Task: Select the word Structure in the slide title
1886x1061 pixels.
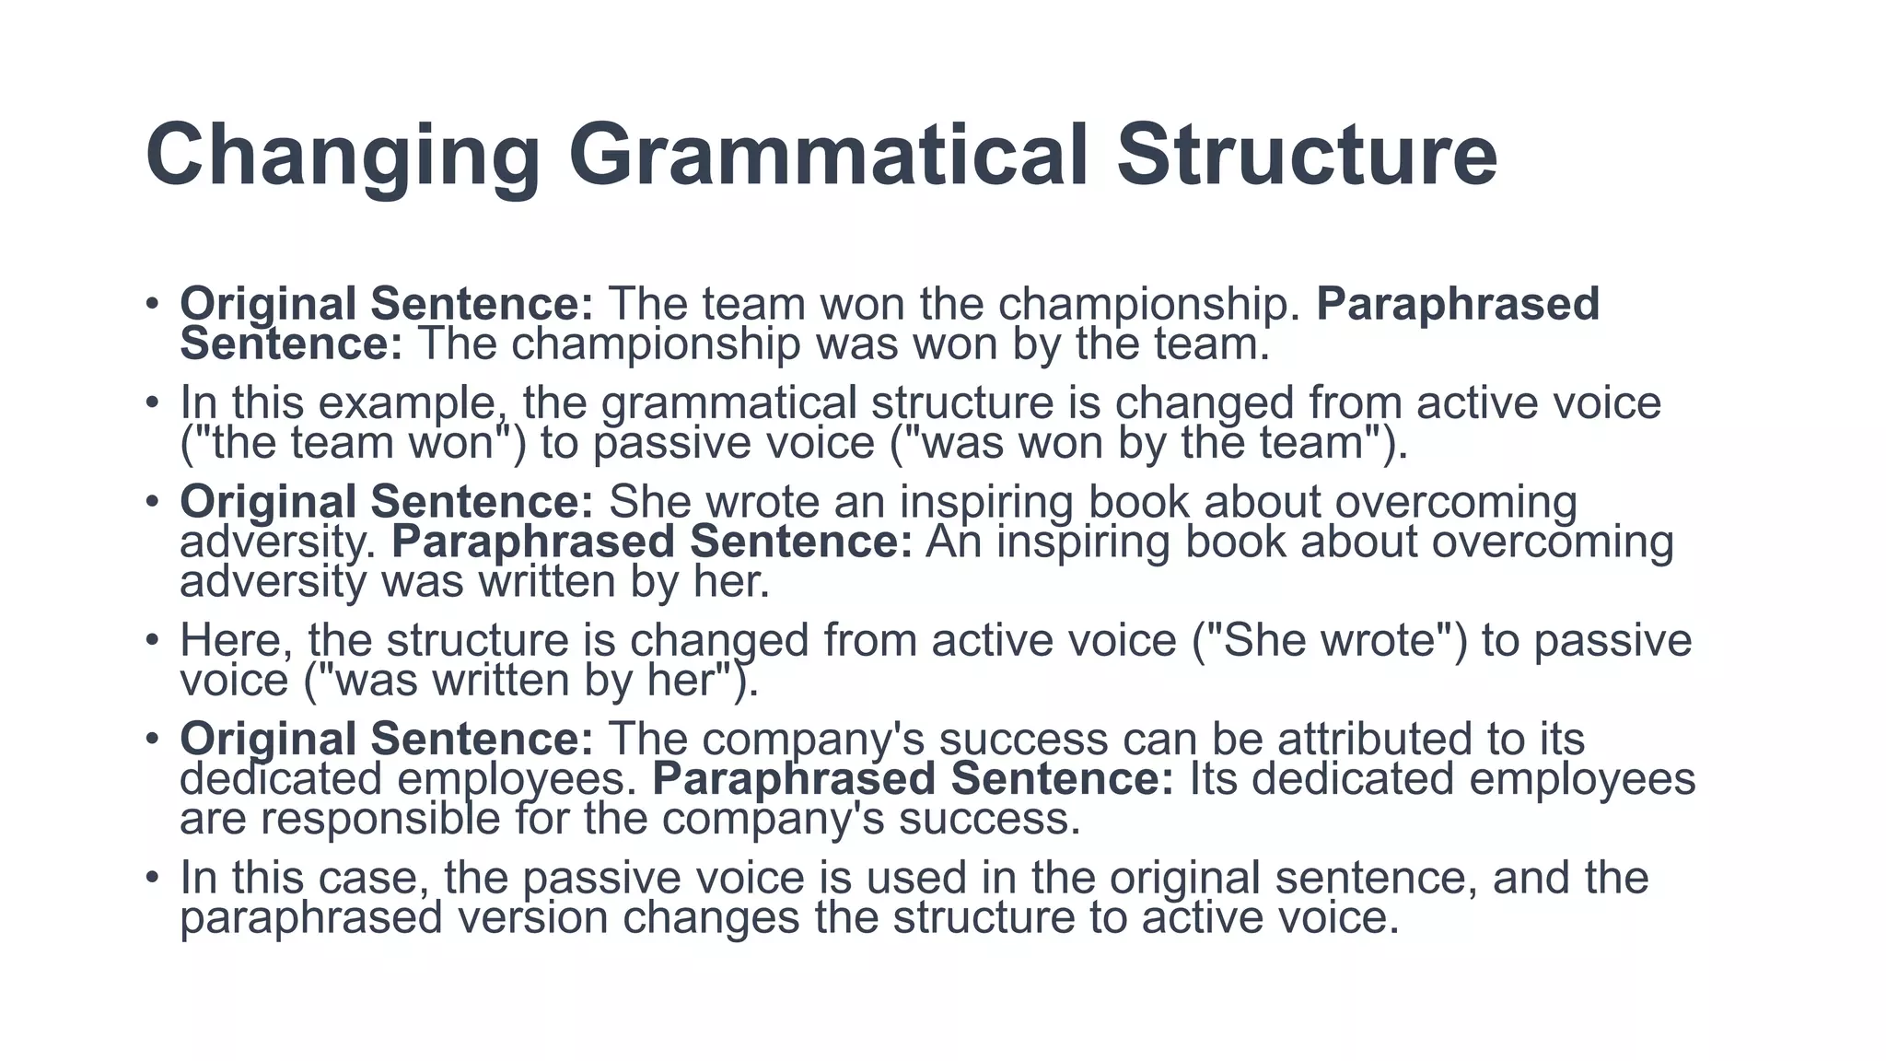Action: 1307,154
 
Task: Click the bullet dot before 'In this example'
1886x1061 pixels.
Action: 153,402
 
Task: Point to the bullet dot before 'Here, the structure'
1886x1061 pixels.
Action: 153,640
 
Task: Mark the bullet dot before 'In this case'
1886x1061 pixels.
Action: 153,877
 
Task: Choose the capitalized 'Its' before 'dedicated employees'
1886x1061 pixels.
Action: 1213,778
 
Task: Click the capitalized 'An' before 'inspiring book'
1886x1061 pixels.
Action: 954,542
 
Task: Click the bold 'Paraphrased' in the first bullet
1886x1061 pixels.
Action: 1458,304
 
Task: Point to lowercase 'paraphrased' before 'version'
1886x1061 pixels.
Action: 311,918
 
